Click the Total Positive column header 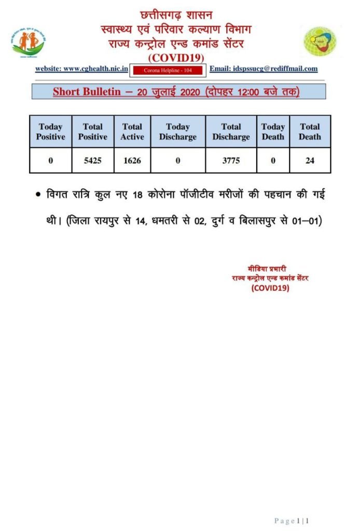(x=93, y=132)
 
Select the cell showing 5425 (x=93, y=161)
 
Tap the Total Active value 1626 (x=132, y=161)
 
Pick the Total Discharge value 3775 (x=231, y=161)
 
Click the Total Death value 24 (x=310, y=161)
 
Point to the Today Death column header (x=273, y=132)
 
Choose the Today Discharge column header (x=178, y=132)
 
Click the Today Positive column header (x=51, y=132)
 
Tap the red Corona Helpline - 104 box (x=168, y=69)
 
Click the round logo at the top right (x=320, y=41)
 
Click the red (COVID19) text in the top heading (x=176, y=57)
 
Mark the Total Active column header (x=132, y=132)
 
